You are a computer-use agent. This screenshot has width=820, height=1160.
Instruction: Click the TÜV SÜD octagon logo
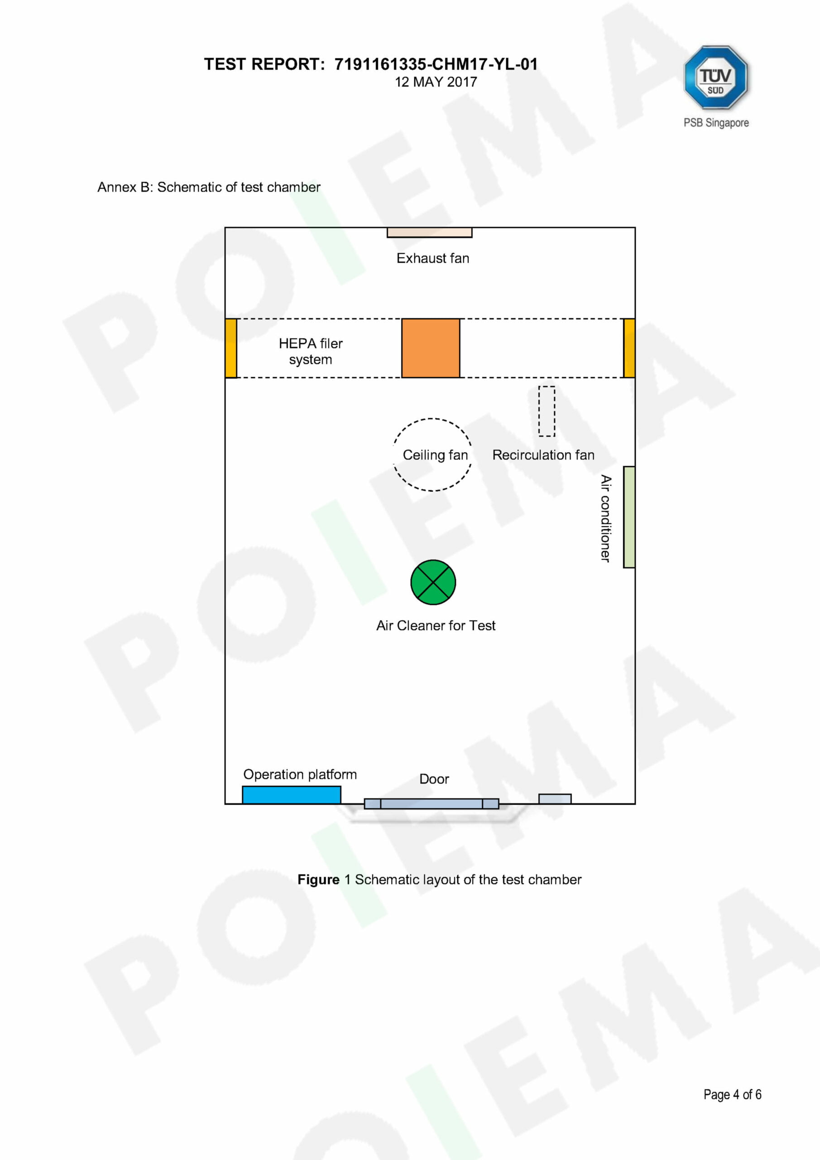[715, 77]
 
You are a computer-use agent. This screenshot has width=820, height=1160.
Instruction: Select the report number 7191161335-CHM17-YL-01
[436, 64]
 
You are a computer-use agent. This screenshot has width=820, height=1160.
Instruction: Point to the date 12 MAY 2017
[436, 82]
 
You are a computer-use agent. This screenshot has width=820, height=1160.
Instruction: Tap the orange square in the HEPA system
[431, 348]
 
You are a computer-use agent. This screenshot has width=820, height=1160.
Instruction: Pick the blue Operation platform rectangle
[291, 795]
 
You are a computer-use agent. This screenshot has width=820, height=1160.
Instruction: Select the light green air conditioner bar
[629, 517]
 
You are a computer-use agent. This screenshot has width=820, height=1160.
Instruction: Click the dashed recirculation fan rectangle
[547, 411]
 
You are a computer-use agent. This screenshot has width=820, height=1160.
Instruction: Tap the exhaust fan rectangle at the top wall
[429, 232]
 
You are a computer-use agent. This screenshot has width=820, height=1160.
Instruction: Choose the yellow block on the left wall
[231, 348]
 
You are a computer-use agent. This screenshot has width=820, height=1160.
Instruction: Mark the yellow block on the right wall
[629, 348]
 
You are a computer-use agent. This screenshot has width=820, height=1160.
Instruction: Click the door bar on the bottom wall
[431, 804]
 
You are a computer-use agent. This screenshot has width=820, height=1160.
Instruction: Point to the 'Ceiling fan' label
[435, 455]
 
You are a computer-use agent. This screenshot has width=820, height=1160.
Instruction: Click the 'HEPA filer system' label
[311, 351]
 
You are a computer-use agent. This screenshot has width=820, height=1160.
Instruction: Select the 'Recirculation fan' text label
[543, 455]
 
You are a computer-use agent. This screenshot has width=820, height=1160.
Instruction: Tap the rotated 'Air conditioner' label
[605, 518]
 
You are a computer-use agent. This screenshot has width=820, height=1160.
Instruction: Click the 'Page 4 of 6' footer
[732, 1094]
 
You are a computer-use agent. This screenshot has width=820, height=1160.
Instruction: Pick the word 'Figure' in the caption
[318, 880]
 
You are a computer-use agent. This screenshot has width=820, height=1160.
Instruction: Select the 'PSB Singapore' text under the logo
[716, 123]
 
